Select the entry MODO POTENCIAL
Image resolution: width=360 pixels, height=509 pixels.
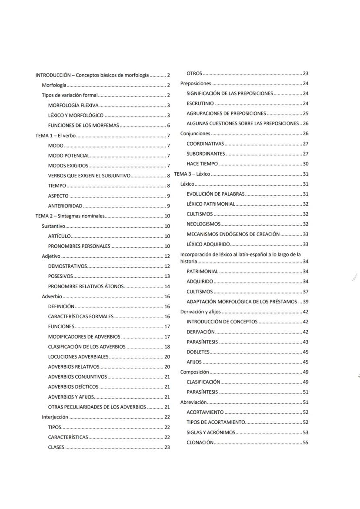click(x=69, y=156)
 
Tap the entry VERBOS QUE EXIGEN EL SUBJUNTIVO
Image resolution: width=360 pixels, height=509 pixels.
click(x=89, y=176)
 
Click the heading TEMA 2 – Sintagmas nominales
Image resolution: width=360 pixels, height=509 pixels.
click(x=70, y=216)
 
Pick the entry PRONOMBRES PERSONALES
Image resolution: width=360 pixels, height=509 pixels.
click(x=80, y=246)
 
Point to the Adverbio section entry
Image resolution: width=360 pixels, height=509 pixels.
click(x=52, y=296)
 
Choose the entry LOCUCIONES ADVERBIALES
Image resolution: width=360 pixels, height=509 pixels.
click(x=78, y=357)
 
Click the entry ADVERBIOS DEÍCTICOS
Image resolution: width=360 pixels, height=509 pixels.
click(x=73, y=387)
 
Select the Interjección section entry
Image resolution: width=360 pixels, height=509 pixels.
click(x=55, y=417)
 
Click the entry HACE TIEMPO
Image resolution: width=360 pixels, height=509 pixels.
click(x=202, y=164)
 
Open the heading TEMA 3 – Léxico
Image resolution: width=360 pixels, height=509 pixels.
click(x=192, y=174)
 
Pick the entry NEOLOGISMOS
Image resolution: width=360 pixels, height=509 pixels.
click(x=203, y=224)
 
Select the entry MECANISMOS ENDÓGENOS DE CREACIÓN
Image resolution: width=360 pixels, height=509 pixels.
click(x=233, y=234)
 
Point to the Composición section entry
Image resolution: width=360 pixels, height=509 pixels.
click(x=194, y=372)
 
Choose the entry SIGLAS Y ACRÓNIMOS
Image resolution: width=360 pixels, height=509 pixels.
click(x=211, y=432)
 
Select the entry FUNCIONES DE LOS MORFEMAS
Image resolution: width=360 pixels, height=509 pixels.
click(x=83, y=126)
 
